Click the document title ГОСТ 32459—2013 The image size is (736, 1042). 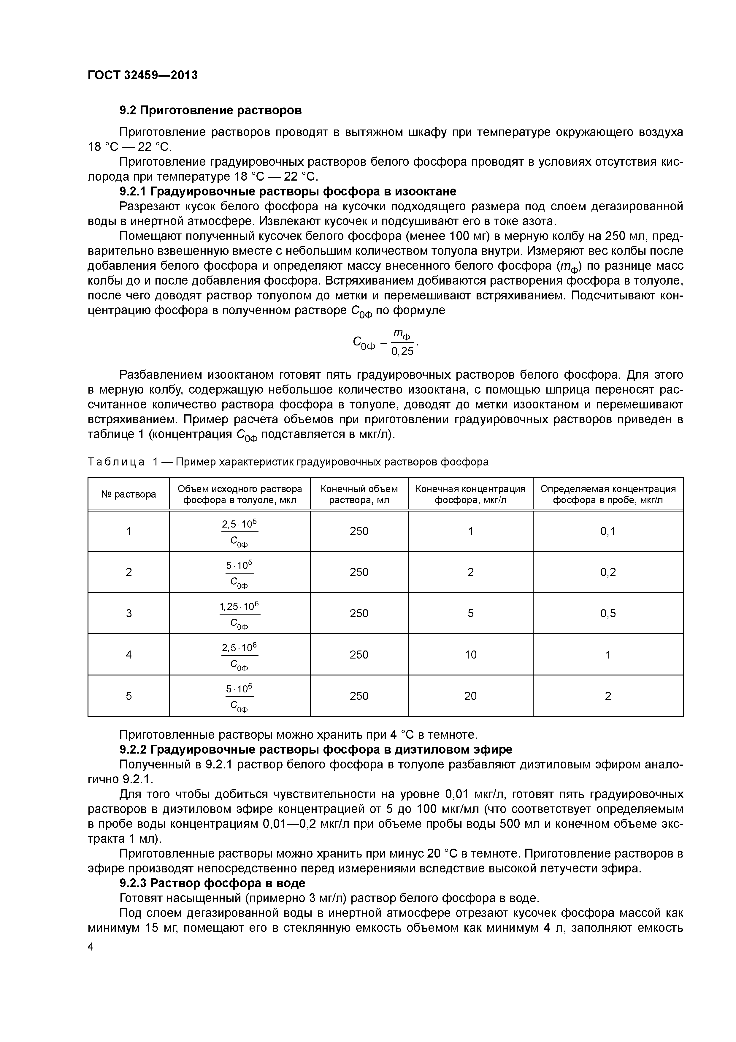coord(142,75)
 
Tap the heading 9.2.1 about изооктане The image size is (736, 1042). coord(288,191)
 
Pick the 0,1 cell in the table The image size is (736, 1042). coord(608,531)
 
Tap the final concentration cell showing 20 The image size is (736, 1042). coord(470,696)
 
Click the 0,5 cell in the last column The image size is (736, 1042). coord(608,614)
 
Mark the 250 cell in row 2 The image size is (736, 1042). coord(359,572)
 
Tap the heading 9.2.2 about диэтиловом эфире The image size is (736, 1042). coord(316,749)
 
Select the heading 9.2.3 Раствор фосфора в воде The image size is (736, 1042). coord(212,883)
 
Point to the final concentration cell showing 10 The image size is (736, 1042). coord(470,654)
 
